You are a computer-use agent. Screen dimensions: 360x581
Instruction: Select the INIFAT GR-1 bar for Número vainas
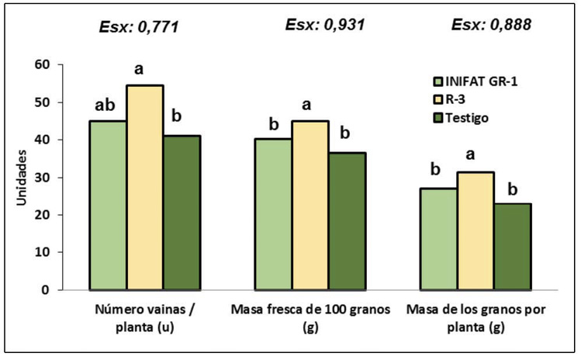click(x=108, y=205)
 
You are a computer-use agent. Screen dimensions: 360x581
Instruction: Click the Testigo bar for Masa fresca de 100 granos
click(x=348, y=221)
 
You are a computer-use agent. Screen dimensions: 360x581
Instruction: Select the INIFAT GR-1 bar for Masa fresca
click(x=273, y=214)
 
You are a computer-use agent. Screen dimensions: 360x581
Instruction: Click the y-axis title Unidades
click(x=22, y=177)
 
